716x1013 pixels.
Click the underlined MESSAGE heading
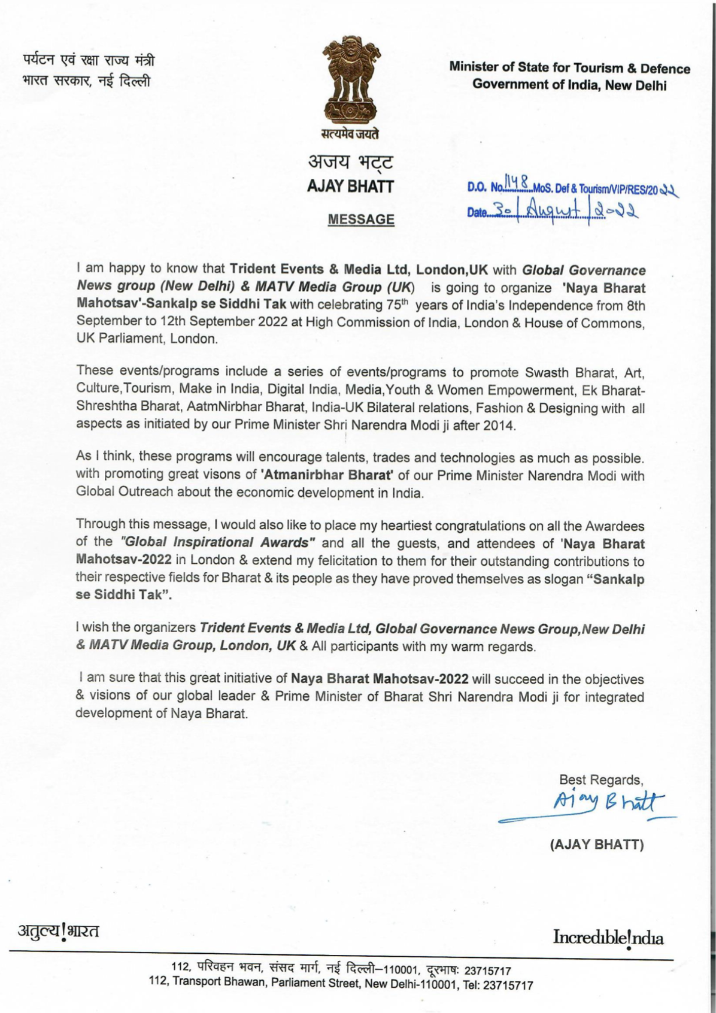tap(361, 219)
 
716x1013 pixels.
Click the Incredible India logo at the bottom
tap(608, 937)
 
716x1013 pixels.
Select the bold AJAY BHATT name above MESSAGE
tap(350, 187)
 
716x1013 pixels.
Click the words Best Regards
tap(601, 780)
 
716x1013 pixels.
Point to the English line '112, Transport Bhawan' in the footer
tap(341, 985)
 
